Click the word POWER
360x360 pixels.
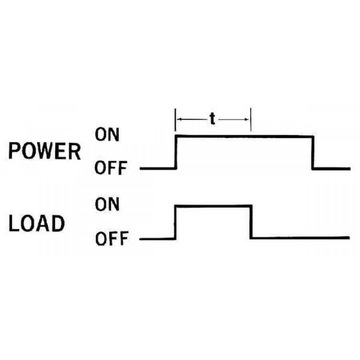click(x=44, y=152)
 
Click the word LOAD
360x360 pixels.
click(x=36, y=224)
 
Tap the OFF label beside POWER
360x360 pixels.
click(x=111, y=169)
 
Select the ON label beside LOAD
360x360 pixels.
click(x=107, y=205)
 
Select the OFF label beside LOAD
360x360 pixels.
click(x=111, y=239)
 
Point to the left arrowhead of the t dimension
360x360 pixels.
click(x=180, y=120)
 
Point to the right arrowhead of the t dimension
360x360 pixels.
click(x=246, y=120)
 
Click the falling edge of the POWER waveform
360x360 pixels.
click(x=313, y=153)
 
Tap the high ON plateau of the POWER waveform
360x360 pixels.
click(x=244, y=137)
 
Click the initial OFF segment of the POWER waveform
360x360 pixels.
click(x=158, y=168)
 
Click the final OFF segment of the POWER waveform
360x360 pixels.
click(x=331, y=168)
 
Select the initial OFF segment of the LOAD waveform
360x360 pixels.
click(x=158, y=239)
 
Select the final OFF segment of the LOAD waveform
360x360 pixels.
click(x=300, y=238)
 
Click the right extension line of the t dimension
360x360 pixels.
click(x=251, y=120)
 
